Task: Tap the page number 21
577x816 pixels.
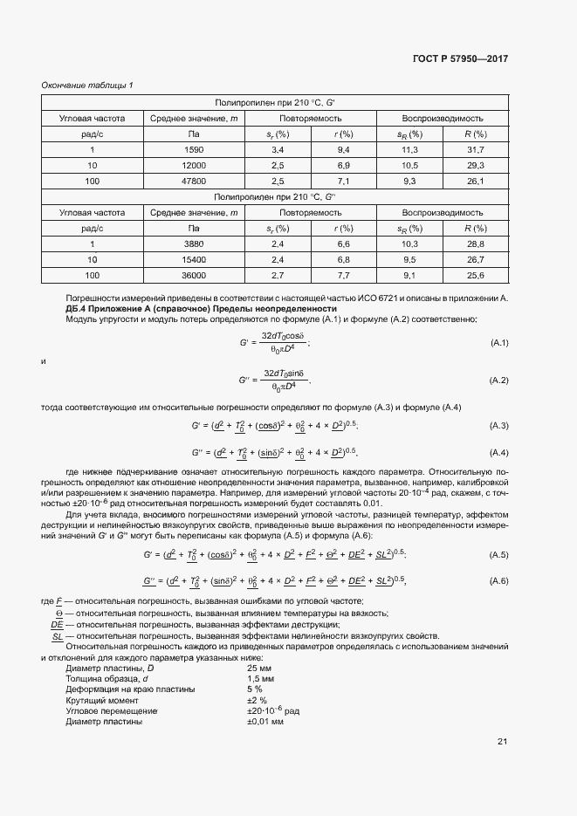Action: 502,742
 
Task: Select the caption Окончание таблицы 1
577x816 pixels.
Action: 87,85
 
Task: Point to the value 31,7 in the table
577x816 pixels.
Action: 475,149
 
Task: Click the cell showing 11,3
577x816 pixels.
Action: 409,149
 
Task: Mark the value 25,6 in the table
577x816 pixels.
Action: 475,275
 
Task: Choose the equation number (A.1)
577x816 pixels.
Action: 498,342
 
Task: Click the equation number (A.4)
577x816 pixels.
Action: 498,452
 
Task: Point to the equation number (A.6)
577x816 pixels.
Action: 498,581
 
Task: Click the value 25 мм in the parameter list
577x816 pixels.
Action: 259,668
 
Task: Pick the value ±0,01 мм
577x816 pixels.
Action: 265,722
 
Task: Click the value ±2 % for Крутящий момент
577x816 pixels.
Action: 257,700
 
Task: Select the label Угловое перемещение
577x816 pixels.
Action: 111,711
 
